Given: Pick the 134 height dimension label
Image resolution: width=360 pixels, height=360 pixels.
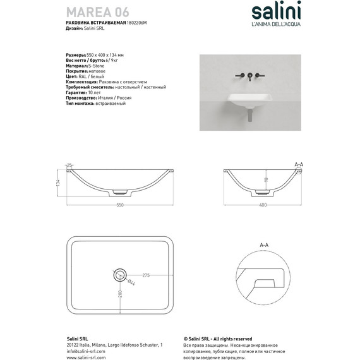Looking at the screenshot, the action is pyautogui.click(x=58, y=183).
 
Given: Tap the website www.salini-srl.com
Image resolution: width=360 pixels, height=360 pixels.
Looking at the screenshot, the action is pyautogui.click(x=86, y=357).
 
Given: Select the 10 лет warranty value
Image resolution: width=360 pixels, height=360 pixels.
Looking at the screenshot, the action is pyautogui.click(x=90, y=93).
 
